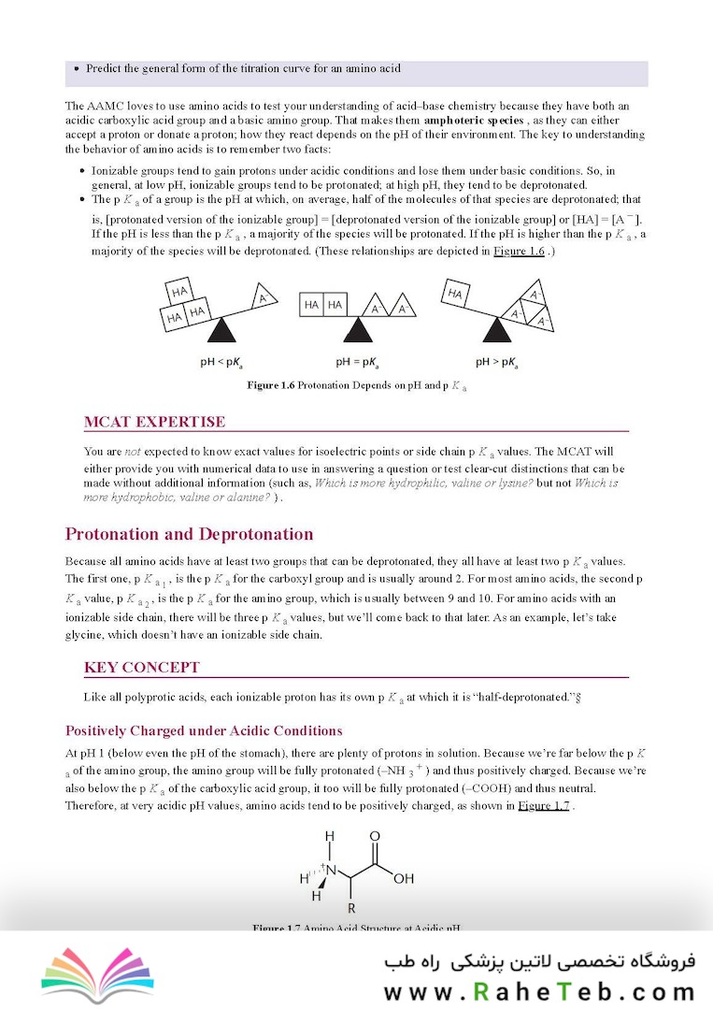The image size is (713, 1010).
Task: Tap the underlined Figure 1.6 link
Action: [519, 252]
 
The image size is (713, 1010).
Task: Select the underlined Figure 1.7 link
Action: [544, 805]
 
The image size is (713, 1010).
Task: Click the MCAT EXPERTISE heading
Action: [154, 422]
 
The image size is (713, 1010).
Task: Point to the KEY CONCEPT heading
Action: [141, 668]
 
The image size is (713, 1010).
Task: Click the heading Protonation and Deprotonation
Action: [189, 534]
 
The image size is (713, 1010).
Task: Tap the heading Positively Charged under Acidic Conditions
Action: [204, 730]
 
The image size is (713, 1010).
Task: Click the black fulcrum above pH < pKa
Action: [221, 330]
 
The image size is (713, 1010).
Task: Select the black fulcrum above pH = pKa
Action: [356, 330]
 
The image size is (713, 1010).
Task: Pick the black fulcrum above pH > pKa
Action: [497, 330]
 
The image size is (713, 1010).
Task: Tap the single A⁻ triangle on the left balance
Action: [264, 297]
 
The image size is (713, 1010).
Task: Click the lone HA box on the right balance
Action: [456, 294]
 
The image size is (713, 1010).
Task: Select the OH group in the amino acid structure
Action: [404, 879]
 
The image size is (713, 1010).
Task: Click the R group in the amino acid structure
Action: [351, 908]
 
